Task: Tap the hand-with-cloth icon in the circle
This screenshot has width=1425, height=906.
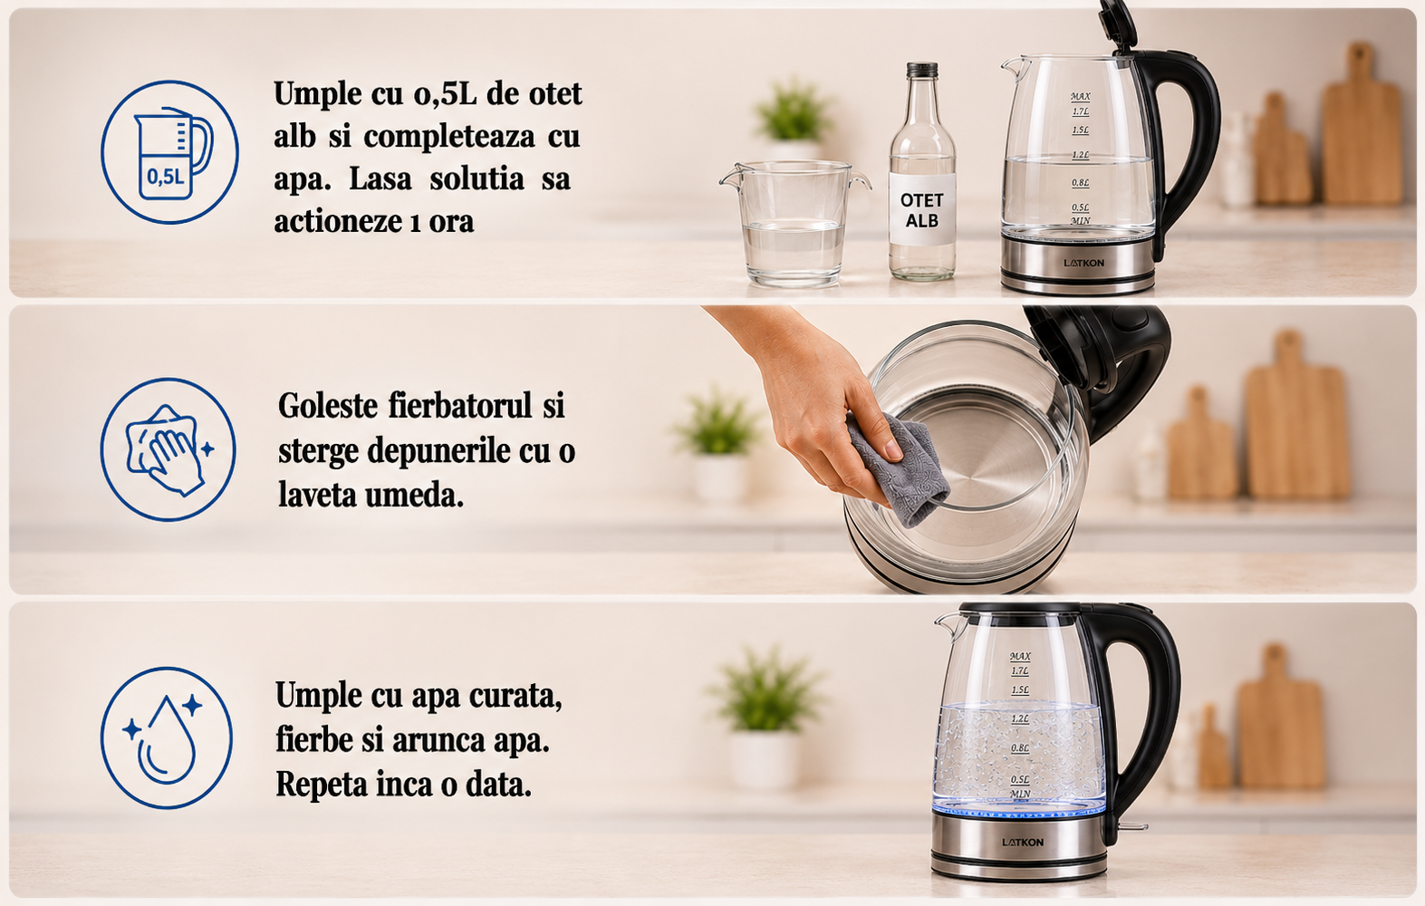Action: pyautogui.click(x=167, y=449)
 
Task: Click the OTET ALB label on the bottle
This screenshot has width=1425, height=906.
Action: pyautogui.click(x=922, y=210)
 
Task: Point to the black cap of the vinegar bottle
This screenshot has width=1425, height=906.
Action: pyautogui.click(x=922, y=70)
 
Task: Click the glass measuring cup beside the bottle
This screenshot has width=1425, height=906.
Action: pyautogui.click(x=794, y=223)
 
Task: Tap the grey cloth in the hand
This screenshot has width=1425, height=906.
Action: pyautogui.click(x=897, y=467)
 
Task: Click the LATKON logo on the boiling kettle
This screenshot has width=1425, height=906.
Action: pyautogui.click(x=1023, y=842)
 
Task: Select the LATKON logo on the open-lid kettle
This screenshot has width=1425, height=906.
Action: pyautogui.click(x=1084, y=263)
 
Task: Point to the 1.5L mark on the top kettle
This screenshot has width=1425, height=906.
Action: pyautogui.click(x=1080, y=130)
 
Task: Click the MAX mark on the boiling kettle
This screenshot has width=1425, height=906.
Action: pyautogui.click(x=1020, y=656)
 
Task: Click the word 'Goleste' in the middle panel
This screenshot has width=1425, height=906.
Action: pyautogui.click(x=328, y=405)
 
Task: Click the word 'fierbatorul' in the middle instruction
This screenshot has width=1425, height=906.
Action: pyautogui.click(x=460, y=405)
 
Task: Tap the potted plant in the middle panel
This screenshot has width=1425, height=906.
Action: pyautogui.click(x=719, y=446)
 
